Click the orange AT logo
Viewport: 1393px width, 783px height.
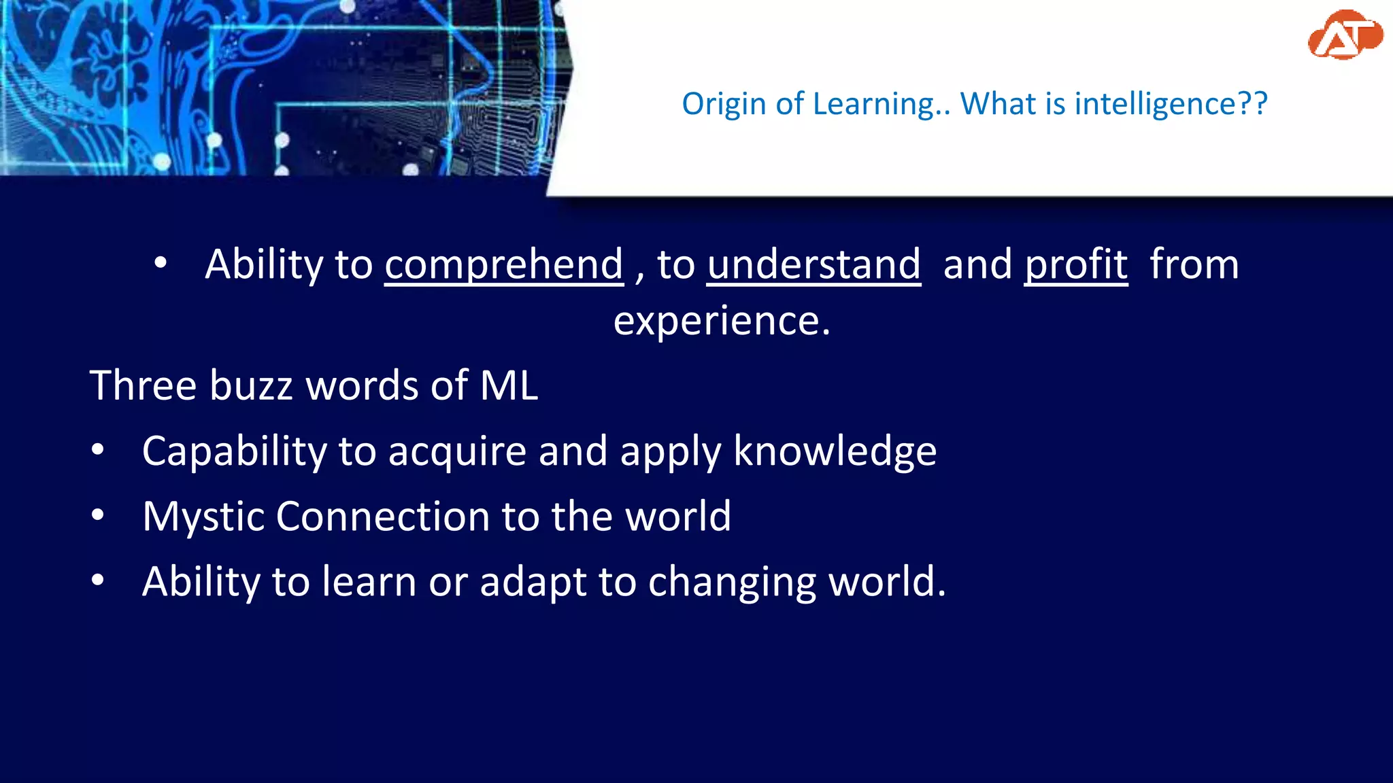click(x=1344, y=35)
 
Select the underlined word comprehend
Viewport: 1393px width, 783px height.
click(x=504, y=264)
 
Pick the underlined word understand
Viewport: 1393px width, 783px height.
click(x=813, y=264)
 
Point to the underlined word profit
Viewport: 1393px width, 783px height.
click(x=1076, y=264)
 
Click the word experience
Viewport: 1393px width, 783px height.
click(x=721, y=320)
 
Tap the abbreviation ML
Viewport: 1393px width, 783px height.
click(x=509, y=385)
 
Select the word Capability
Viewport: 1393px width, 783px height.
click(x=234, y=451)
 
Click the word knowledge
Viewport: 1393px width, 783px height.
click(x=835, y=451)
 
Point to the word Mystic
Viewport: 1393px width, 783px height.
click(x=203, y=517)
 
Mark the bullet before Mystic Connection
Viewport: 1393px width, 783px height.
click(x=98, y=515)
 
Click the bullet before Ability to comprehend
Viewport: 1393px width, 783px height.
click(x=161, y=263)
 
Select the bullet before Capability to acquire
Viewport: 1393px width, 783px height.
click(x=98, y=450)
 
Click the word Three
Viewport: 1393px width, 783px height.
click(x=144, y=385)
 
